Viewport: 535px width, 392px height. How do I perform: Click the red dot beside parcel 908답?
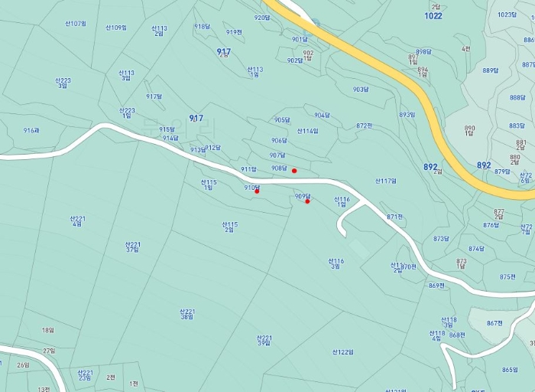pyautogui.click(x=294, y=171)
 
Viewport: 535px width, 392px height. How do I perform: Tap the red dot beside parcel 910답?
pyautogui.click(x=257, y=191)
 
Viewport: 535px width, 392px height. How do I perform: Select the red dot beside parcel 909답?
pyautogui.click(x=307, y=201)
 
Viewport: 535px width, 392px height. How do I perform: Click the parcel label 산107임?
pyautogui.click(x=76, y=24)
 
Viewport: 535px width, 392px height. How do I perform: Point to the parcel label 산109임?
pyautogui.click(x=116, y=28)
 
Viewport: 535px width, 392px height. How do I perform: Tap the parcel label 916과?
pyautogui.click(x=31, y=131)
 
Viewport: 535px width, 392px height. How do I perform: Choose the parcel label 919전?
pyautogui.click(x=234, y=32)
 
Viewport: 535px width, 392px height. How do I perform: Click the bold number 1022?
pyautogui.click(x=433, y=15)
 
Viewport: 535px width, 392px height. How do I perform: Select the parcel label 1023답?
pyautogui.click(x=507, y=15)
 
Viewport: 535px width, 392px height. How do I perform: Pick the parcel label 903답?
pyautogui.click(x=361, y=90)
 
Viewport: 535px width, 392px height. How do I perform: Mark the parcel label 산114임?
pyautogui.click(x=307, y=131)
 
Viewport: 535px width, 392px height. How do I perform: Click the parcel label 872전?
pyautogui.click(x=364, y=126)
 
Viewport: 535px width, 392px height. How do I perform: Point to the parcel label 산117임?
pyautogui.click(x=386, y=181)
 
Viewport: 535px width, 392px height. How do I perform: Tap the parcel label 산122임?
pyautogui.click(x=343, y=352)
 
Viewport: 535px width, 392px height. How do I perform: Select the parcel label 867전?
pyautogui.click(x=494, y=323)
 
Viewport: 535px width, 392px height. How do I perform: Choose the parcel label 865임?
pyautogui.click(x=510, y=370)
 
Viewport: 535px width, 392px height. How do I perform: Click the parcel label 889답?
pyautogui.click(x=490, y=70)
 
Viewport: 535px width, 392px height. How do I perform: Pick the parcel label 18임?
pyautogui.click(x=48, y=331)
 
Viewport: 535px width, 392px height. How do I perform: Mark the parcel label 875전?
pyautogui.click(x=507, y=277)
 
